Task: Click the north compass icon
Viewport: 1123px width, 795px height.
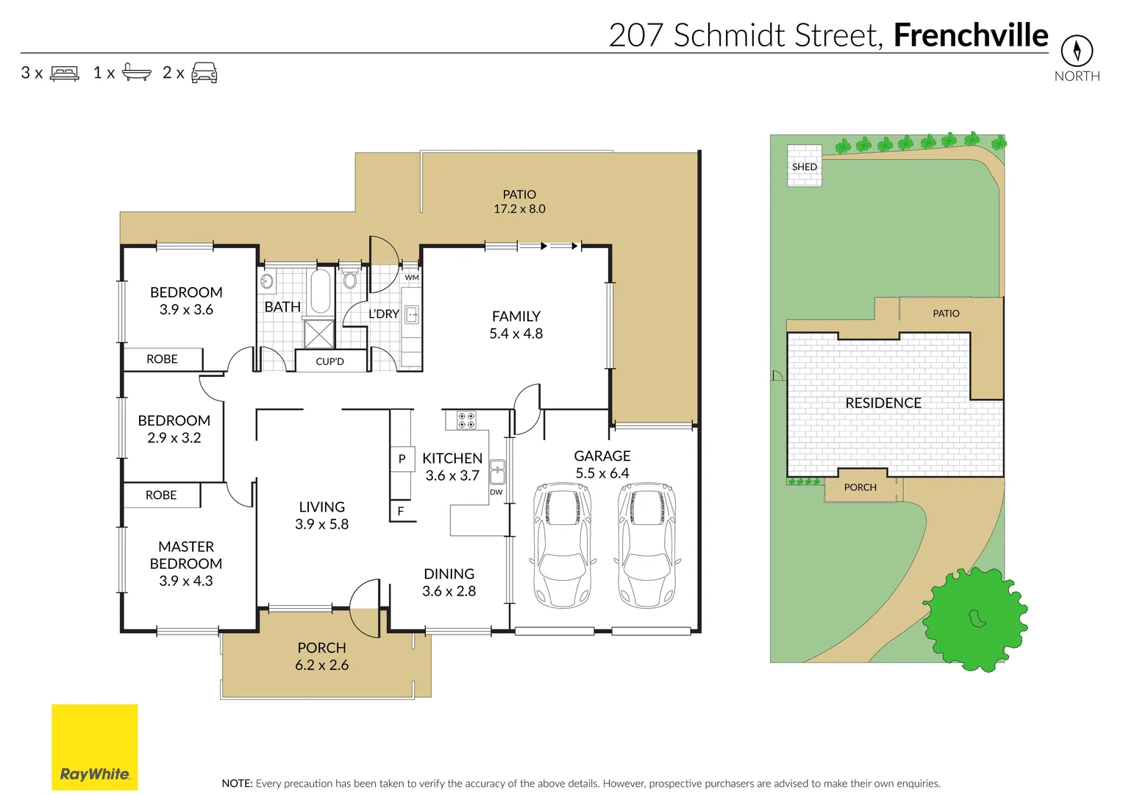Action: (1077, 51)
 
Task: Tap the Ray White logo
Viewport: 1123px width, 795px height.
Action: (94, 746)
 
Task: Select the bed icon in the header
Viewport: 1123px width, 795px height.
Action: (65, 73)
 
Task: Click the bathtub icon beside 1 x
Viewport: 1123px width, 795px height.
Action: (136, 72)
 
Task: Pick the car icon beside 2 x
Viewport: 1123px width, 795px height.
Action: (204, 72)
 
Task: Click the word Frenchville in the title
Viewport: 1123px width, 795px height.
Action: (970, 35)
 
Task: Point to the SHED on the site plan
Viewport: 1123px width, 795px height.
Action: (804, 166)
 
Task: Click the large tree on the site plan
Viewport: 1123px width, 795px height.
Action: (974, 619)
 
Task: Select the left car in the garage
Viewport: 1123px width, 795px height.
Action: (563, 544)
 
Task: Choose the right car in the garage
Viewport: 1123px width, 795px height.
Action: (646, 544)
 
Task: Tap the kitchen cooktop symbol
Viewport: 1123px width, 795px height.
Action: (466, 420)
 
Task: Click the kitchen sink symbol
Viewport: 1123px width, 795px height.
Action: (498, 470)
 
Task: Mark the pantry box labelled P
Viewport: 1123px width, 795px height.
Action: (402, 459)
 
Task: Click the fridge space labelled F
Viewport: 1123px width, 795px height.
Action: (401, 511)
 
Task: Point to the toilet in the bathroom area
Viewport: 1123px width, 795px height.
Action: (350, 280)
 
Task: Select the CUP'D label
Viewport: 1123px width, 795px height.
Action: (329, 361)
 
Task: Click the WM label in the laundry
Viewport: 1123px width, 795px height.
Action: (412, 278)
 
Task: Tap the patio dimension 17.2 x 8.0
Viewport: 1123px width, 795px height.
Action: (519, 209)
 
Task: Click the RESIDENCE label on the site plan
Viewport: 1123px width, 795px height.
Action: (883, 403)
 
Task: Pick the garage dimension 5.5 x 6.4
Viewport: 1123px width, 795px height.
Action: (602, 473)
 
